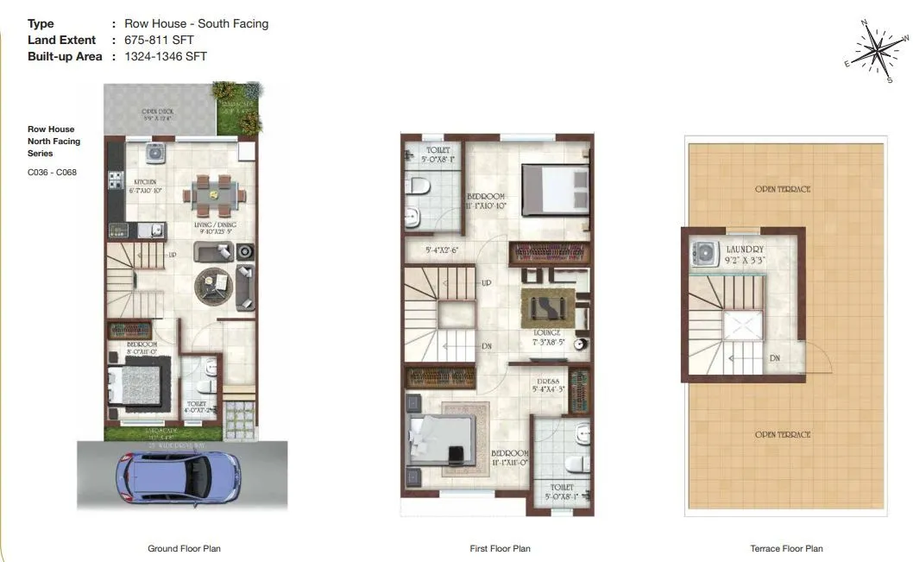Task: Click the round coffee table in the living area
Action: pyautogui.click(x=213, y=284)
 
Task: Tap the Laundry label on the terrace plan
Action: pyautogui.click(x=745, y=249)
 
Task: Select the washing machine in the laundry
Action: pyautogui.click(x=705, y=254)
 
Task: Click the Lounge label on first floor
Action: pyautogui.click(x=547, y=332)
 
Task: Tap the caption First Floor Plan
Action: pyautogui.click(x=500, y=548)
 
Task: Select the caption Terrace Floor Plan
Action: pyautogui.click(x=786, y=548)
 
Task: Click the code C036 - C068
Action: pyautogui.click(x=52, y=172)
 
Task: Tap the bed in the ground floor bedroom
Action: pyautogui.click(x=135, y=387)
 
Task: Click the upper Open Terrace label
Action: pyautogui.click(x=783, y=189)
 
